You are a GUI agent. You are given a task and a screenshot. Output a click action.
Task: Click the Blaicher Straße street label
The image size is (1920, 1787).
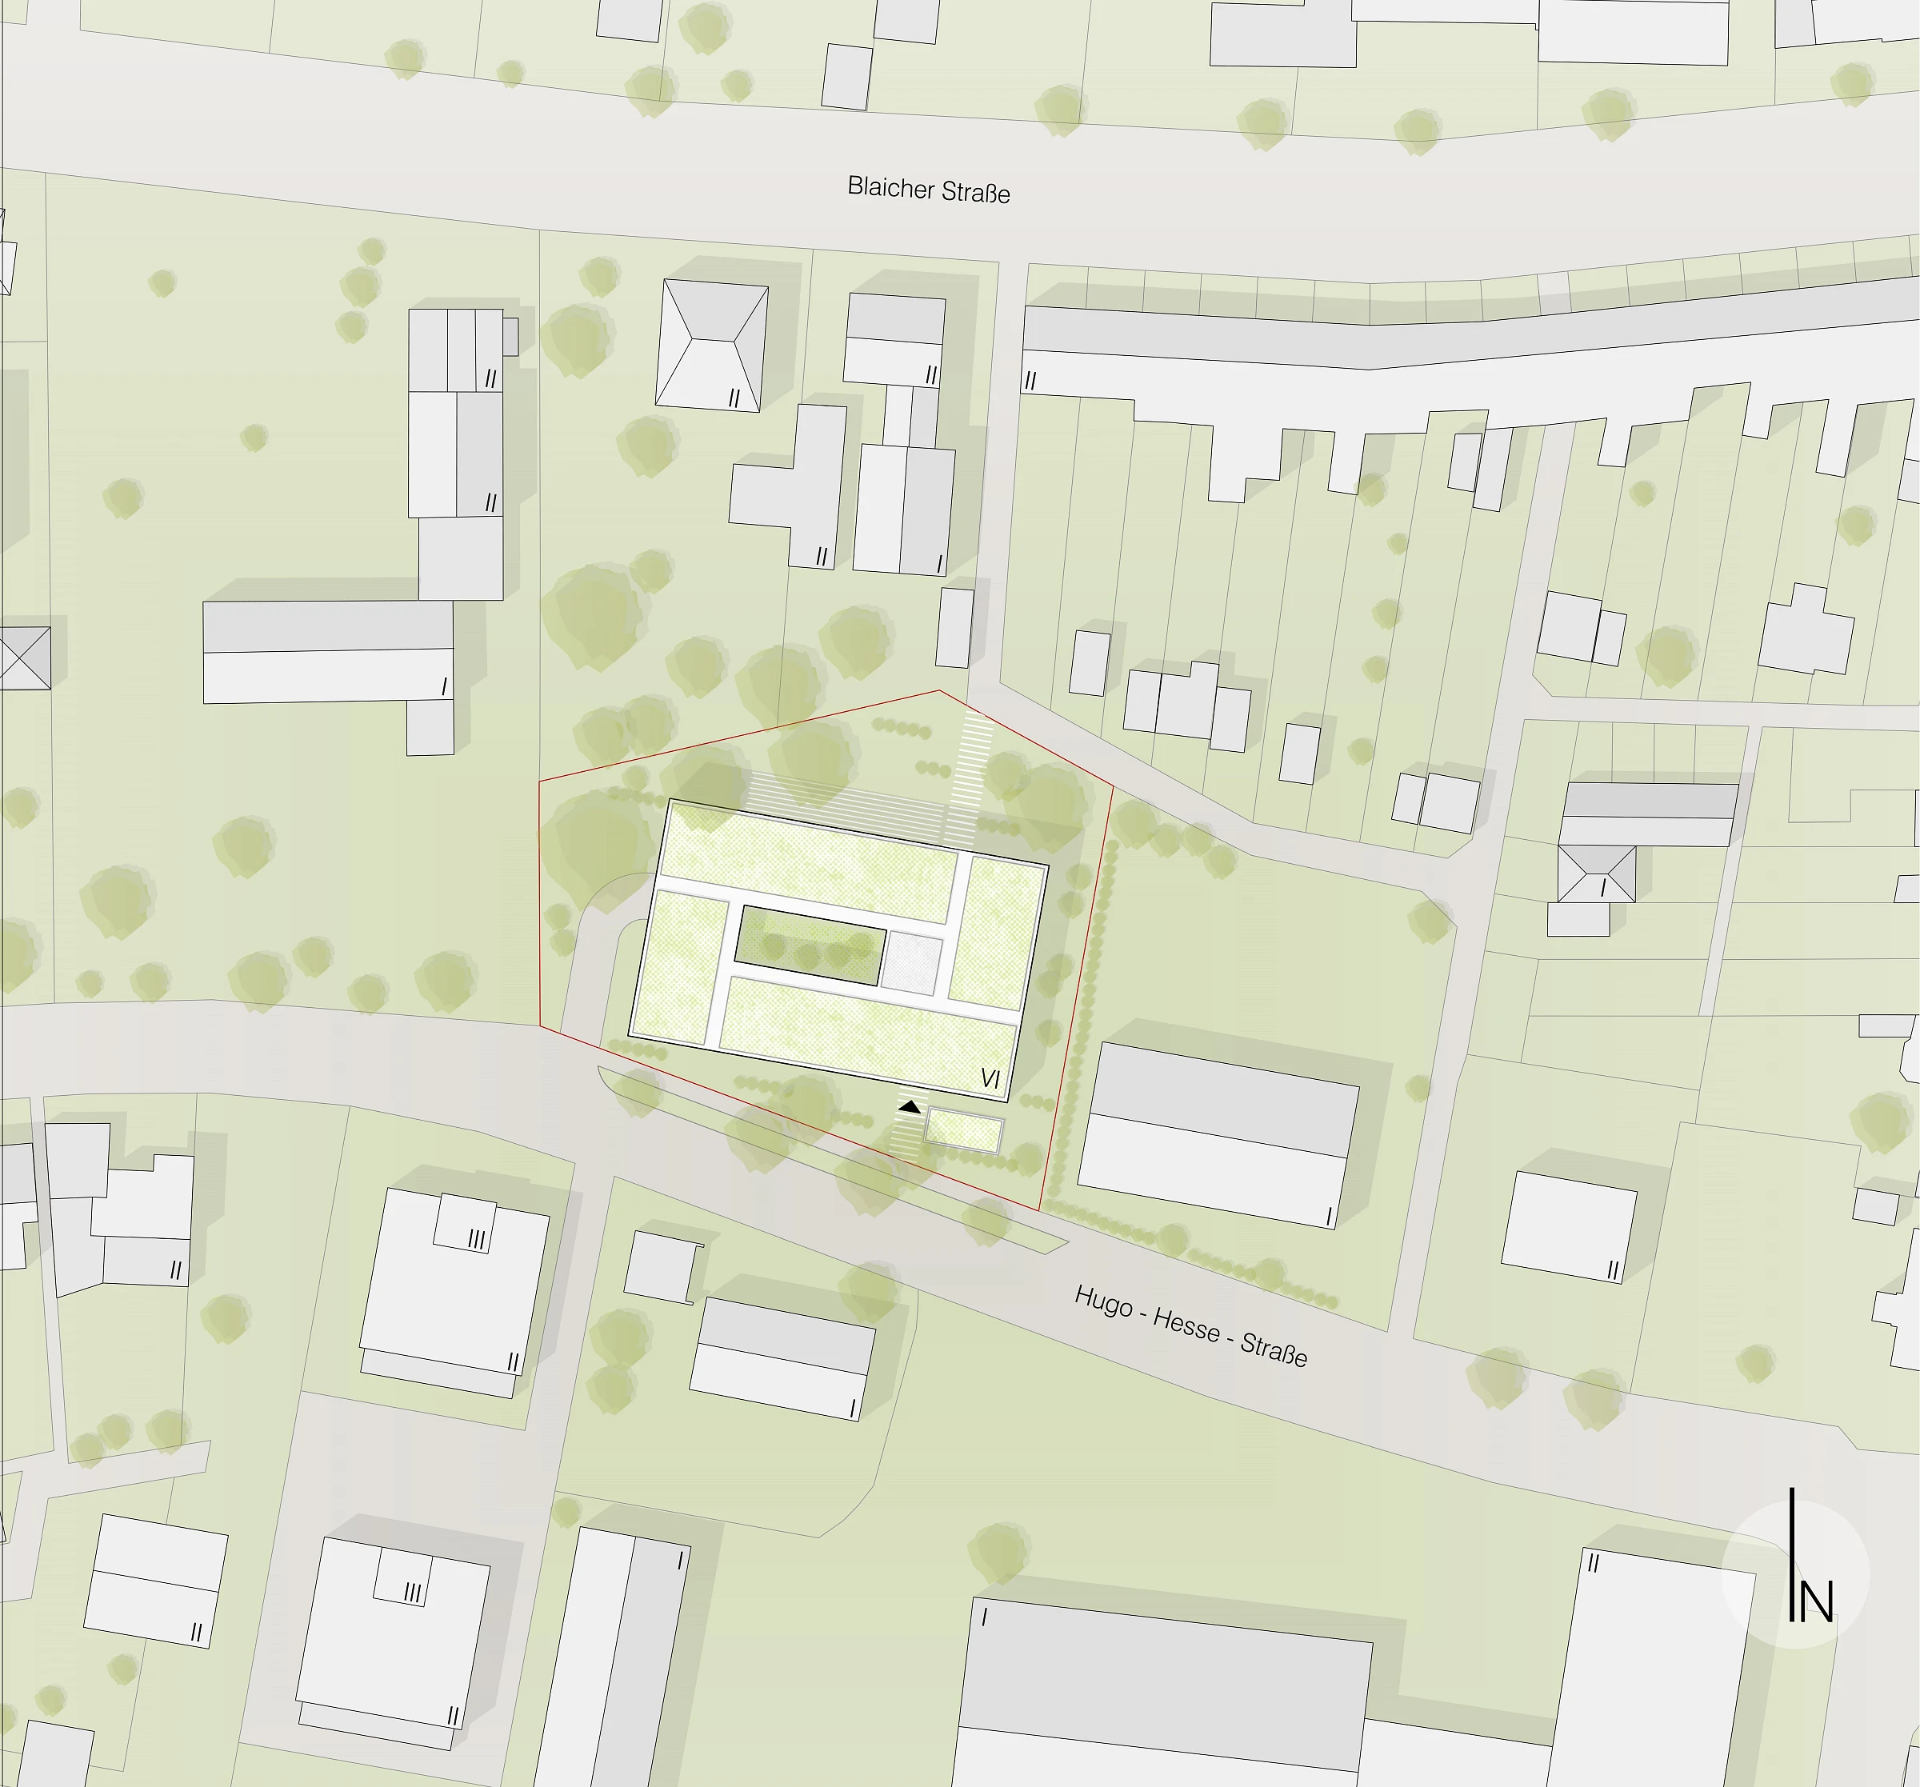coord(928,190)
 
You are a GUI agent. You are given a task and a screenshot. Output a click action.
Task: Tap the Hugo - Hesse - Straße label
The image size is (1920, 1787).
coord(1191,1326)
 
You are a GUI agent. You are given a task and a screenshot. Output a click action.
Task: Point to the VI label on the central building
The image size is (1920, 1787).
coord(990,1078)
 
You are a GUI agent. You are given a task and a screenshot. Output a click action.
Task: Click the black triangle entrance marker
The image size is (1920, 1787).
coord(909,1106)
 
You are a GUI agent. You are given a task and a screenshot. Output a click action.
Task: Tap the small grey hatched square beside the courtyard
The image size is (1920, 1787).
coord(913,962)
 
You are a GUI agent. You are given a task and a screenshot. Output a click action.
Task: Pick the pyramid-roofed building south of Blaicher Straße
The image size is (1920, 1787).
coord(712,345)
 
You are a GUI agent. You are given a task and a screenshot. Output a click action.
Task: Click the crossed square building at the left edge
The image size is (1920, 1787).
coord(24,657)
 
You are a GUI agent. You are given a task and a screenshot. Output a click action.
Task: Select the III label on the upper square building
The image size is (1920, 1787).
coord(476,1239)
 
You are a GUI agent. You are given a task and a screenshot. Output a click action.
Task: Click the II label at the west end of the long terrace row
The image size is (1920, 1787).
coord(1030,381)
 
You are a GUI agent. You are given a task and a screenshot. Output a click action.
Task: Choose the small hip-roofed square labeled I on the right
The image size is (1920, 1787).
coord(1597,874)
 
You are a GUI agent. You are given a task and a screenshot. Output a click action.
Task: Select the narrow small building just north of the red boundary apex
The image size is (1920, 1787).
coord(954,628)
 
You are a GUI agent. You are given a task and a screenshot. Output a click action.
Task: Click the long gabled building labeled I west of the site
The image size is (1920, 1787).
coord(328,651)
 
